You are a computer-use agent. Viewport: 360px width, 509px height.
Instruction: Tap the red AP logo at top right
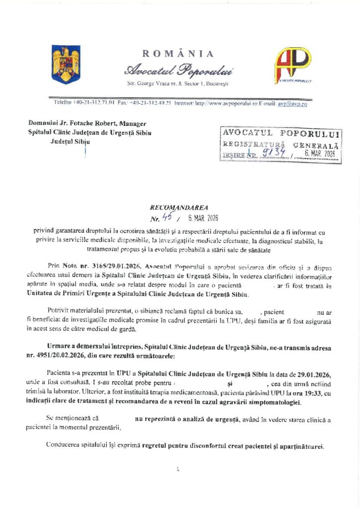pyautogui.click(x=293, y=64)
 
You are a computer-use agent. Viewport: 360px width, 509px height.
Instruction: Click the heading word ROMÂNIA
pyautogui.click(x=178, y=54)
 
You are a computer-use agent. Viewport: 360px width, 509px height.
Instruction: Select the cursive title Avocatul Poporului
pyautogui.click(x=178, y=69)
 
